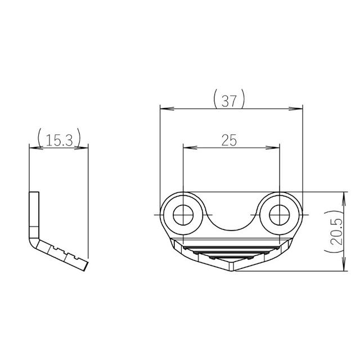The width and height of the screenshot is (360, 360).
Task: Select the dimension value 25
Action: tap(229, 141)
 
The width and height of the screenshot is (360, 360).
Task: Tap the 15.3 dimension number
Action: tap(58, 140)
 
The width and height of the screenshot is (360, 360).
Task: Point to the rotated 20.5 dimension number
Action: tap(336, 231)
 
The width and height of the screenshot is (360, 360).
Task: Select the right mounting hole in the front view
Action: tap(278, 214)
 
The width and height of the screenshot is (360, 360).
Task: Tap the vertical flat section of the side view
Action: tap(34, 214)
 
